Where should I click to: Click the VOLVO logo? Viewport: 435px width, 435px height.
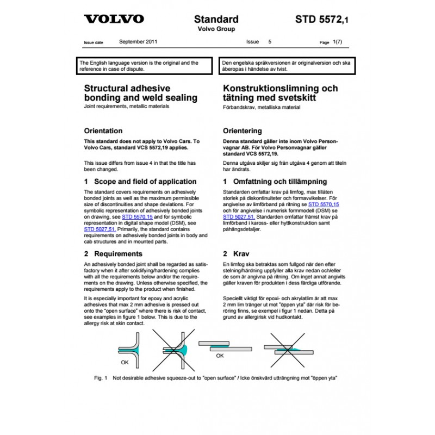click(x=114, y=19)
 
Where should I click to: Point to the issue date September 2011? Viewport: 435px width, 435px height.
click(x=138, y=41)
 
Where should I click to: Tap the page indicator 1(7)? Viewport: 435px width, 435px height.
click(x=337, y=41)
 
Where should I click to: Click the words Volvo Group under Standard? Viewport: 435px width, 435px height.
click(x=215, y=29)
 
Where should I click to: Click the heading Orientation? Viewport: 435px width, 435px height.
click(x=103, y=131)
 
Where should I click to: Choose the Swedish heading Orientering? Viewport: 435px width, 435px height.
click(x=243, y=131)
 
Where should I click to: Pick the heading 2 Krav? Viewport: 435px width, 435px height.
click(x=236, y=254)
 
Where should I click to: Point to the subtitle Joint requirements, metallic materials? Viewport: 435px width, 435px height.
click(x=127, y=107)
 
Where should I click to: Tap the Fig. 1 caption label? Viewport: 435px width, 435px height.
click(x=101, y=377)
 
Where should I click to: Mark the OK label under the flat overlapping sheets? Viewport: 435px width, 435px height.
click(x=220, y=356)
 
